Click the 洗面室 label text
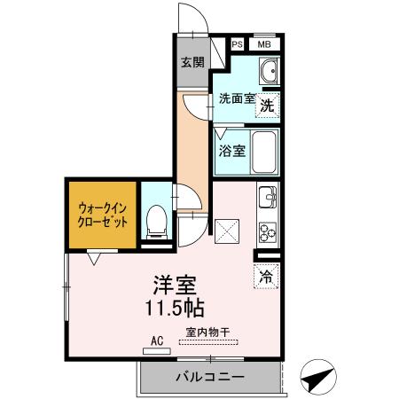coord(235,99)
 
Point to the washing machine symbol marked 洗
coord(267,105)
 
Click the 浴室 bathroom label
coord(232,150)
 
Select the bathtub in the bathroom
coord(264,151)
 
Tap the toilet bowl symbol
coord(157,220)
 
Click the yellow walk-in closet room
coord(101,215)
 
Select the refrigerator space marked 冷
coord(267,276)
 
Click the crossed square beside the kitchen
coord(228,233)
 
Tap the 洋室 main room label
coord(176,286)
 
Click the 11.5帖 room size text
coord(176,309)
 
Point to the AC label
coord(158,340)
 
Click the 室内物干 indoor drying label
coord(207,332)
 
